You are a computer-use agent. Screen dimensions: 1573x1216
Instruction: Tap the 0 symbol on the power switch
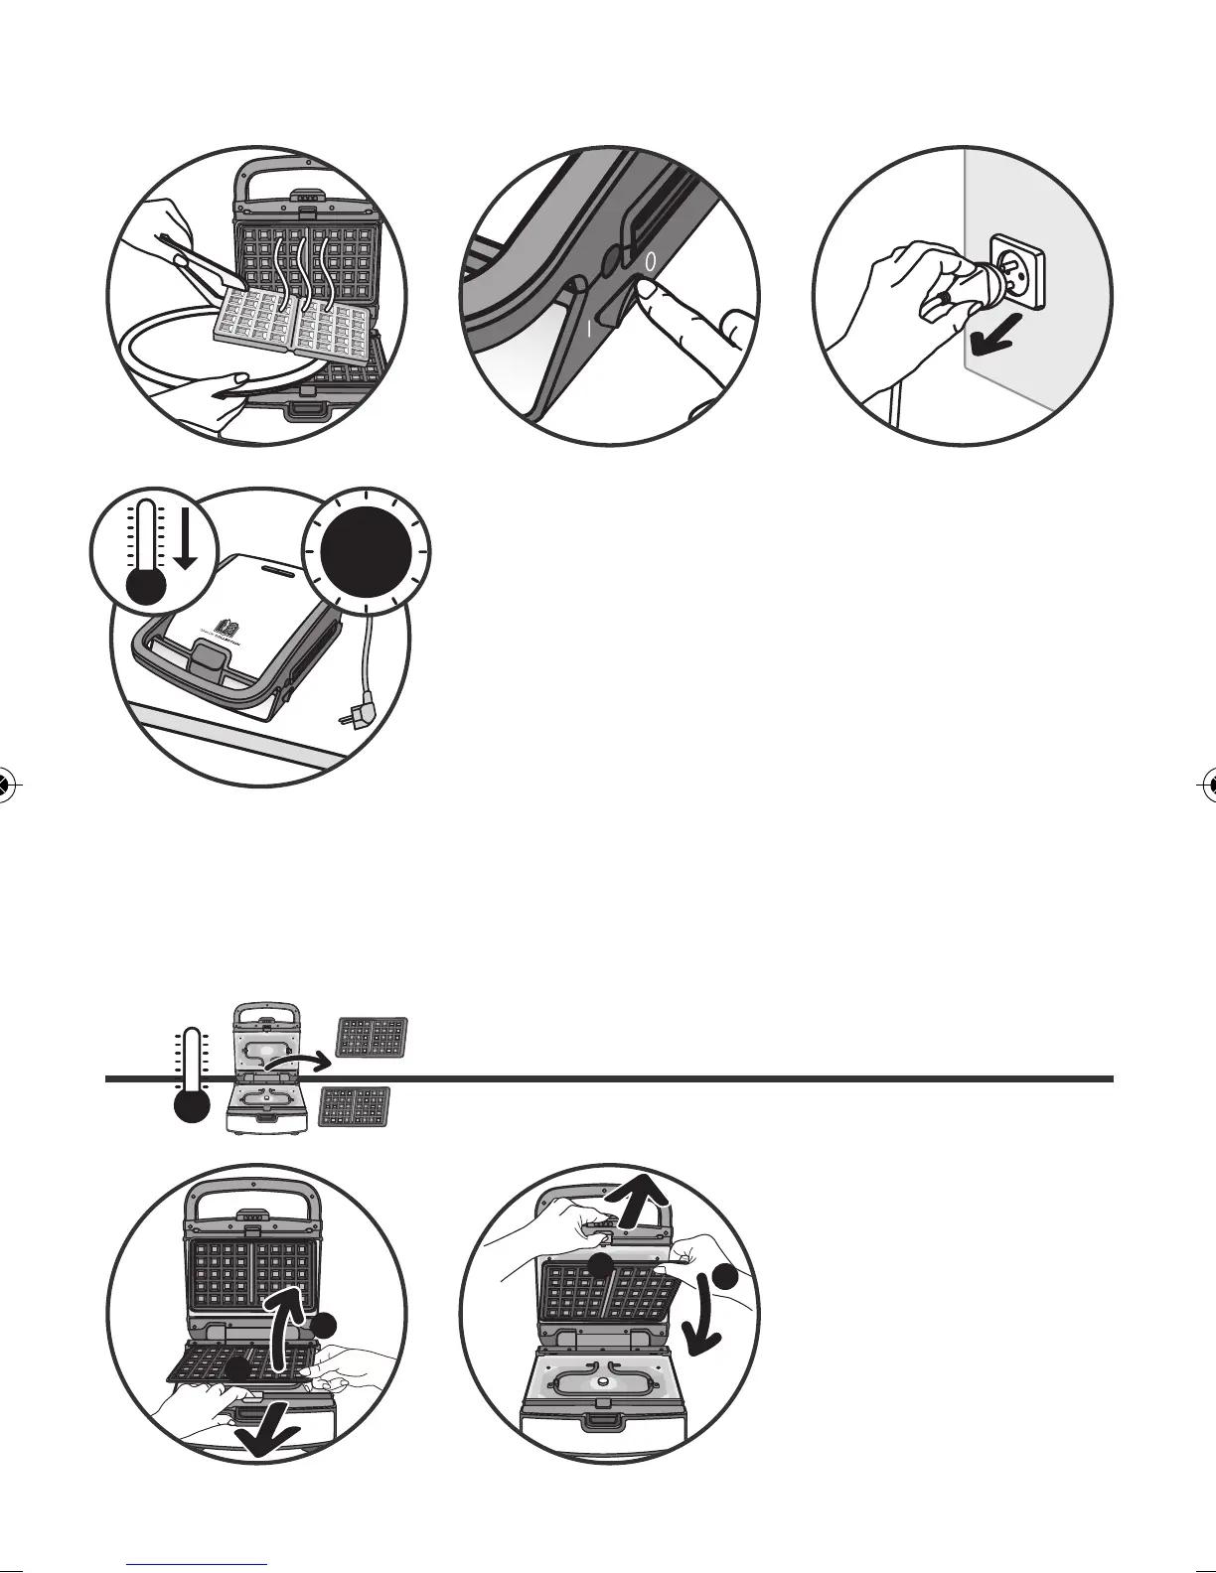pyautogui.click(x=650, y=263)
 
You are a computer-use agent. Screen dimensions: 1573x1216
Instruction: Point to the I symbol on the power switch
pyautogui.click(x=588, y=329)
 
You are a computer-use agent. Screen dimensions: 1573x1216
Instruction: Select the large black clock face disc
pyautogui.click(x=368, y=548)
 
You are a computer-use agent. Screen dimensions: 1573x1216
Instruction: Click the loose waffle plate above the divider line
pyautogui.click(x=373, y=1038)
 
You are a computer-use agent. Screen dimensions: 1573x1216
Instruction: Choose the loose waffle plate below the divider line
pyautogui.click(x=355, y=1107)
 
